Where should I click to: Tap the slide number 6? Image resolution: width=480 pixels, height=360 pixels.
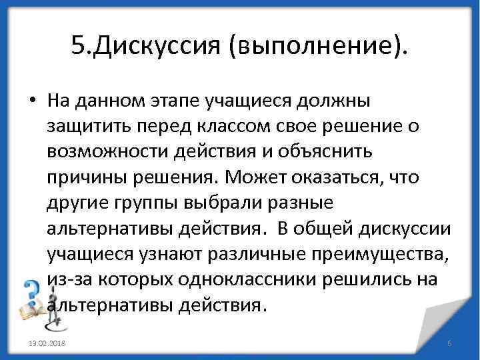[x=449, y=343]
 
